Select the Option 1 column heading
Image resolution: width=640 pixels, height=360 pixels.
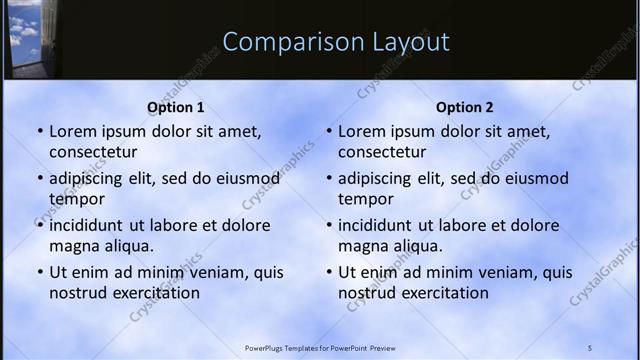point(176,108)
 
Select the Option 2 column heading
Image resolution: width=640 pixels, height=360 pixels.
point(465,108)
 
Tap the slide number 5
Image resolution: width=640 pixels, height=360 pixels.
point(590,348)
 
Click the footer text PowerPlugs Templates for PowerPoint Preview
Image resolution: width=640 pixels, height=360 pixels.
point(320,348)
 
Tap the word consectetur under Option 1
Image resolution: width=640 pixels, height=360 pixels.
point(93,152)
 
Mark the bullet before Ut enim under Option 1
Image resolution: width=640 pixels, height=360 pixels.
point(39,272)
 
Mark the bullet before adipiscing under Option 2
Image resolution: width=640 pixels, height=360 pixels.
point(328,178)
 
